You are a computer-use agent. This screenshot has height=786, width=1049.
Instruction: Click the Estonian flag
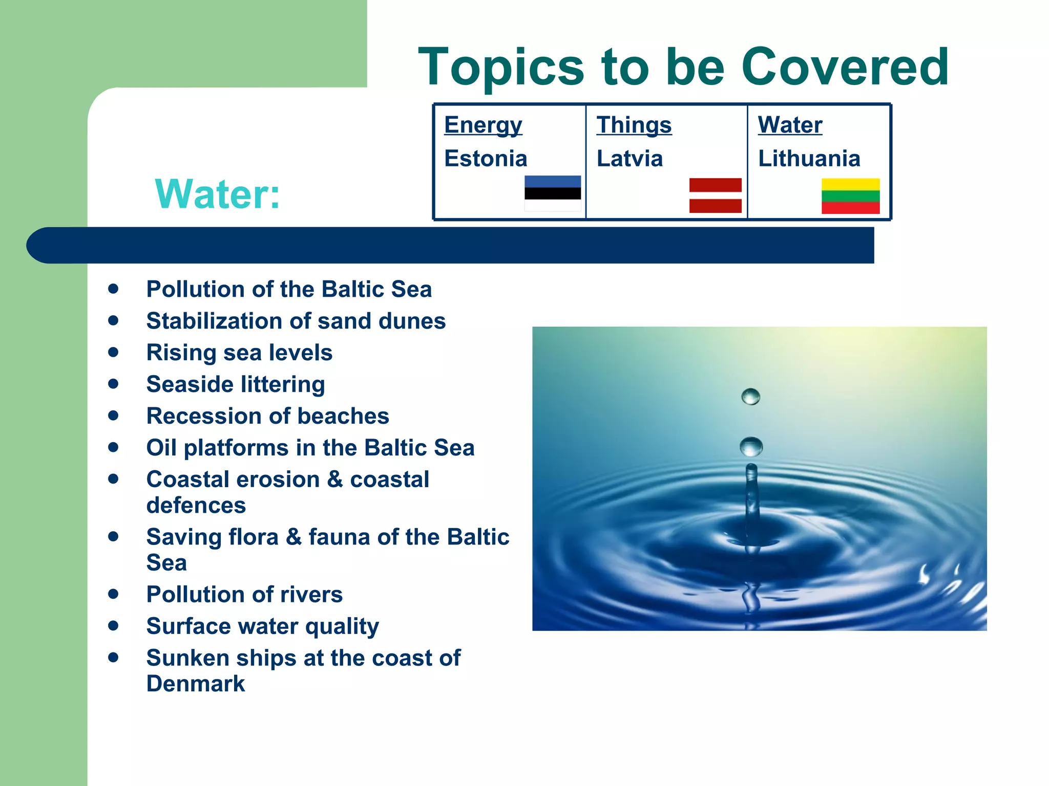(552, 193)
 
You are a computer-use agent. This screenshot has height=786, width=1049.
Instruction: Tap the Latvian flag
(715, 195)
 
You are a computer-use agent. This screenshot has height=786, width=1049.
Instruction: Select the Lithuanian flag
(850, 195)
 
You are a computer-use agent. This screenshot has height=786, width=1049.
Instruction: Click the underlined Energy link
(483, 125)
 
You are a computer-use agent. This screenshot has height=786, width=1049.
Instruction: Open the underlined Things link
(634, 125)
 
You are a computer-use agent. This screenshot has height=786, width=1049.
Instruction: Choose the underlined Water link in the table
(790, 125)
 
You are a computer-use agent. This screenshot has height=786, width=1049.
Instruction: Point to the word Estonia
(486, 159)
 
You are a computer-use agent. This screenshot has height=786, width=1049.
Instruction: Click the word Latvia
(630, 159)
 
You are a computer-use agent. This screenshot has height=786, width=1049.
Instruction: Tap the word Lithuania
(809, 159)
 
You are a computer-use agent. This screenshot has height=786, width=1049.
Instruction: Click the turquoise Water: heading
(218, 194)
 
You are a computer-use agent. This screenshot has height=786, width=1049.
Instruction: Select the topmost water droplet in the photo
(750, 396)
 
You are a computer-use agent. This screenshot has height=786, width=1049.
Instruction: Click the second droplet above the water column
(751, 446)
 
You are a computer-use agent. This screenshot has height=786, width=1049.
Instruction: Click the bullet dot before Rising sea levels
(113, 352)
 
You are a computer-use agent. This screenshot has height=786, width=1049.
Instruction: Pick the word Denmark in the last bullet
(196, 684)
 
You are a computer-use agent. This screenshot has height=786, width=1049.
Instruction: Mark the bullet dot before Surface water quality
(113, 625)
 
